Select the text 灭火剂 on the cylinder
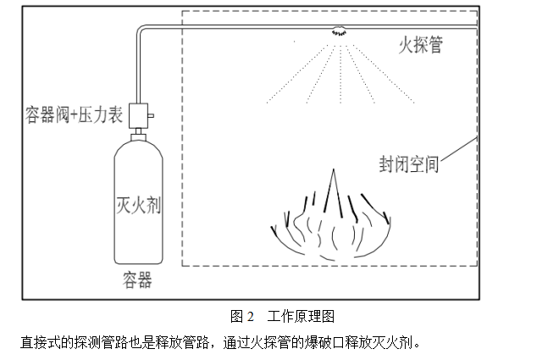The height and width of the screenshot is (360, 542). tap(138, 206)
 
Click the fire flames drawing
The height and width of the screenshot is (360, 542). tap(330, 220)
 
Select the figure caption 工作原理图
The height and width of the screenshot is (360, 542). tap(301, 317)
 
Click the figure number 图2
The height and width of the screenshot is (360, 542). tap(242, 317)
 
